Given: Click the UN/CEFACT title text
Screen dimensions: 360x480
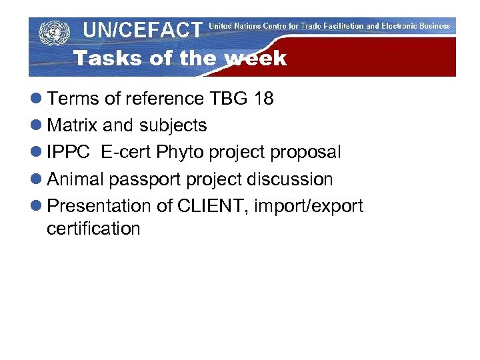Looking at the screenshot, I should [142, 29].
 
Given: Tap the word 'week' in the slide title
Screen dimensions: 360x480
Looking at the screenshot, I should [256, 59].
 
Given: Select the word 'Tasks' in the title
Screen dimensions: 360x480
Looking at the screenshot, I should [108, 59].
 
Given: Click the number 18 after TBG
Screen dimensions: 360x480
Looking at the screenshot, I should [263, 99].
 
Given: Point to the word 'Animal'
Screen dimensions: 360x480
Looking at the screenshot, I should [75, 179].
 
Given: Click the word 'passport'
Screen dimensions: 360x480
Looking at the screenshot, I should [145, 180].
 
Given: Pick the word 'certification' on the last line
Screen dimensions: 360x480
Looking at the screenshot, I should [93, 229].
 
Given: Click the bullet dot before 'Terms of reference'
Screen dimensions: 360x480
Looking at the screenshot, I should [37, 99].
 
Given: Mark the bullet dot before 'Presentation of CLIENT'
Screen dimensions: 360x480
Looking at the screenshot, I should [37, 207].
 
